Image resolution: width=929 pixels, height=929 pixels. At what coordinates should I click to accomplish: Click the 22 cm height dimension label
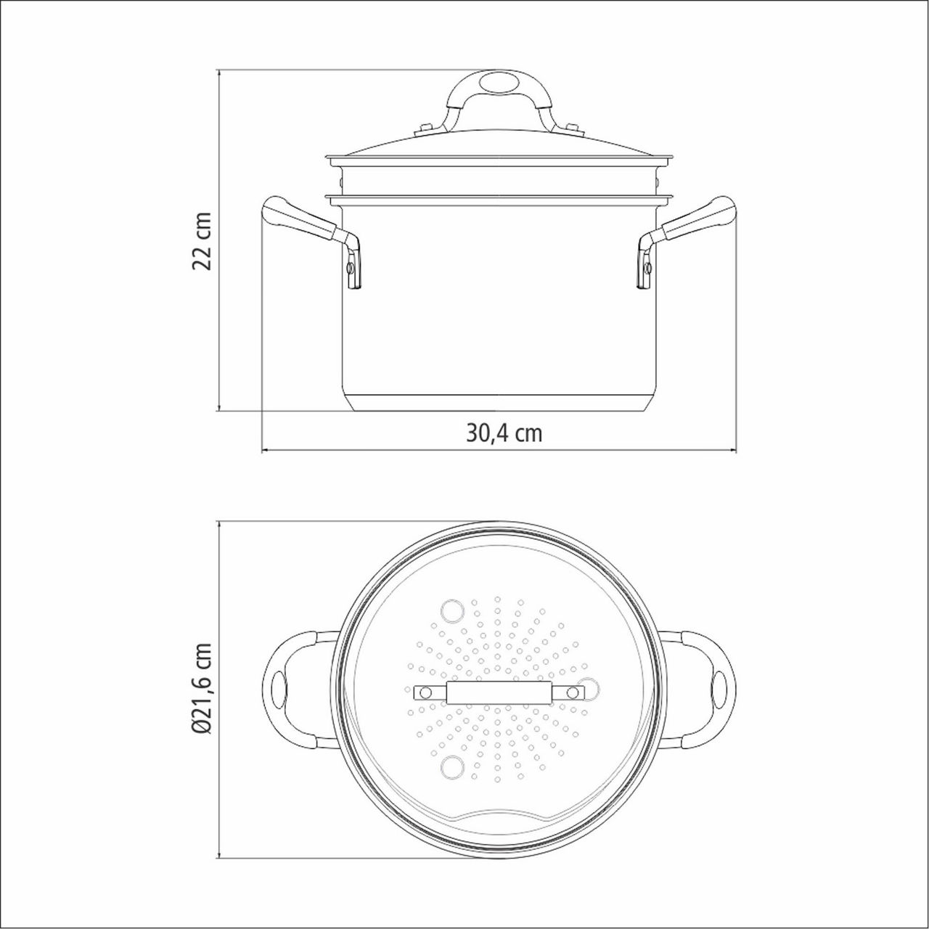(202, 241)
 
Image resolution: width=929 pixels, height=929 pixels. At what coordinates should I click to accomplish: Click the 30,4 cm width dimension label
(504, 433)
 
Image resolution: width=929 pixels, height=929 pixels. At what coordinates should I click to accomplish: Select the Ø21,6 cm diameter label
(202, 688)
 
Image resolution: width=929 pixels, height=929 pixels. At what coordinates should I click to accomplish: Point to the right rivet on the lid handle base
(573, 129)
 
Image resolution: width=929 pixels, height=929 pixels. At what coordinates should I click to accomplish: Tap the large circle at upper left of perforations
(453, 610)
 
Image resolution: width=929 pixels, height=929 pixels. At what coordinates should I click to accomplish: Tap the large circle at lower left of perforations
(453, 765)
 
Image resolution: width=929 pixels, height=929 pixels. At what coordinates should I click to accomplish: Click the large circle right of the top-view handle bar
(590, 687)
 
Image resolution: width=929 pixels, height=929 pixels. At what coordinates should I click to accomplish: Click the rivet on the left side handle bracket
(351, 269)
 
